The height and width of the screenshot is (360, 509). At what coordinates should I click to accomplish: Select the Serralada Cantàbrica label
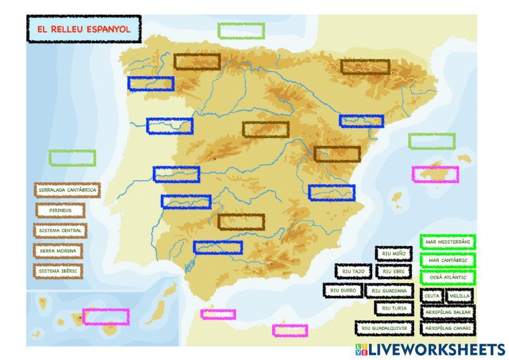(x=67, y=190)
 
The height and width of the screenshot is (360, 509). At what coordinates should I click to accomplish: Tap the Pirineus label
(x=60, y=210)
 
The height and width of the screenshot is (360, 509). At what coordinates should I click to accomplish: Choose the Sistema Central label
(x=60, y=230)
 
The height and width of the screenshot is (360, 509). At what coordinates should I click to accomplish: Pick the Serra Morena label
(x=59, y=251)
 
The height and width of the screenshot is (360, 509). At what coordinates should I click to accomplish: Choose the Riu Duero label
(x=343, y=290)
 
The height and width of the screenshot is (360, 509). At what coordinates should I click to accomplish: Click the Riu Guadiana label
(x=389, y=291)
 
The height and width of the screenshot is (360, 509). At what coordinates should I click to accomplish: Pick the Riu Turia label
(x=393, y=308)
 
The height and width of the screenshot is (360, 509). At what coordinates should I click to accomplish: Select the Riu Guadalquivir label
(x=384, y=328)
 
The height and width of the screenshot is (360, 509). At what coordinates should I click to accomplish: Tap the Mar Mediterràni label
(x=447, y=242)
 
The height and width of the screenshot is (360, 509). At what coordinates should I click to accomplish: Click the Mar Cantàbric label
(x=447, y=260)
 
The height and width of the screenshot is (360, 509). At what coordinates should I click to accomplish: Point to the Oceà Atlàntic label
(x=447, y=278)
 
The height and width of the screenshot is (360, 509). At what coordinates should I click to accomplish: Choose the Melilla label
(x=459, y=296)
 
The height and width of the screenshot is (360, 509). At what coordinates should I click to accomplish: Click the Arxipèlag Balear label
(x=447, y=312)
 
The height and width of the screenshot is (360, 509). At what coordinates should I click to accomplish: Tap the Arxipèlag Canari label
(x=447, y=328)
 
